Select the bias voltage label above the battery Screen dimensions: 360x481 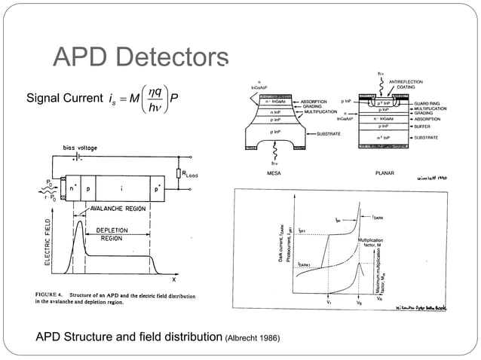coord(79,148)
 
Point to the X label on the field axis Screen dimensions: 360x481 coord(174,279)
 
